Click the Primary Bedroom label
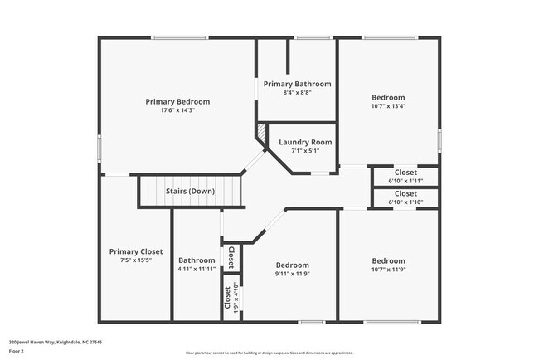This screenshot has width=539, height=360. pos(177,101)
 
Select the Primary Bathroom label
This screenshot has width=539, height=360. pos(297,84)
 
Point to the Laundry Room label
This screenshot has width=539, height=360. pos(304,142)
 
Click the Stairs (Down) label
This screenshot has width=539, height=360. pos(190,192)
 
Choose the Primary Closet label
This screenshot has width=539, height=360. pos(136,251)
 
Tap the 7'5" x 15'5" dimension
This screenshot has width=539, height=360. pos(136,260)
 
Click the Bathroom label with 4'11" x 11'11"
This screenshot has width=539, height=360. pos(197,260)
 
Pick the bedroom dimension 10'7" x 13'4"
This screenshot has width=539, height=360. pos(388,105)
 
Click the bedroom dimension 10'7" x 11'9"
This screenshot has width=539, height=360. pos(388,269)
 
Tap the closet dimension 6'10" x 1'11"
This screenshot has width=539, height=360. pos(405,180)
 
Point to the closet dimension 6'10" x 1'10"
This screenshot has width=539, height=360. pos(405,202)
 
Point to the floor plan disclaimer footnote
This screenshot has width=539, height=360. pos(269,353)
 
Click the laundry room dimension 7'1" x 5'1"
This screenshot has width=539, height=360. pos(304,150)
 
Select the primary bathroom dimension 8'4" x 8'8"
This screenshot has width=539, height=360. pos(297,92)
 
